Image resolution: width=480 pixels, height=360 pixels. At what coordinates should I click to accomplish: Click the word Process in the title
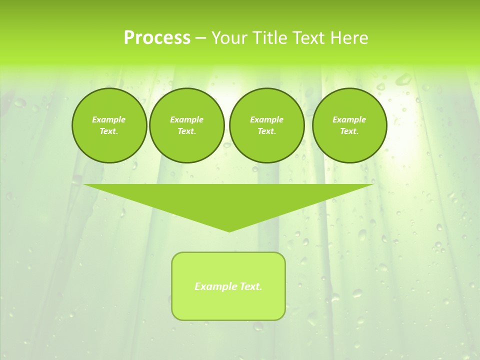click(x=157, y=38)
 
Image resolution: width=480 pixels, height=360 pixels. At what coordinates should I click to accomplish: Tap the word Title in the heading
click(x=270, y=38)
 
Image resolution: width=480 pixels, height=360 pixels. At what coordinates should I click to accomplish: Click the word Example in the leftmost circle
click(x=109, y=119)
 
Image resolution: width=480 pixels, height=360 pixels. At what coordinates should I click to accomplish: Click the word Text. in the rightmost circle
click(x=349, y=131)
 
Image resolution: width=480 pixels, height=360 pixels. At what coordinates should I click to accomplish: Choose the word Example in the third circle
click(x=266, y=119)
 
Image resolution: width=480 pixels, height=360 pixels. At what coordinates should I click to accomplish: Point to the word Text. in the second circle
click(x=186, y=131)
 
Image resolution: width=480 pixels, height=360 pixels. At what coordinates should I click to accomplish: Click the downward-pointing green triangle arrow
click(x=228, y=200)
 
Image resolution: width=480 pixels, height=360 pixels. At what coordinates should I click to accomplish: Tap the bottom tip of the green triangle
click(x=229, y=230)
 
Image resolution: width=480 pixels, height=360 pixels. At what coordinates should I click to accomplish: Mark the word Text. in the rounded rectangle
click(x=251, y=286)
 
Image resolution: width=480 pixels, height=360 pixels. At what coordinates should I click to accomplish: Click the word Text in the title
click(x=306, y=38)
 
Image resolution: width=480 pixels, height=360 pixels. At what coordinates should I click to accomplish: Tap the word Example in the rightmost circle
click(x=349, y=119)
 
